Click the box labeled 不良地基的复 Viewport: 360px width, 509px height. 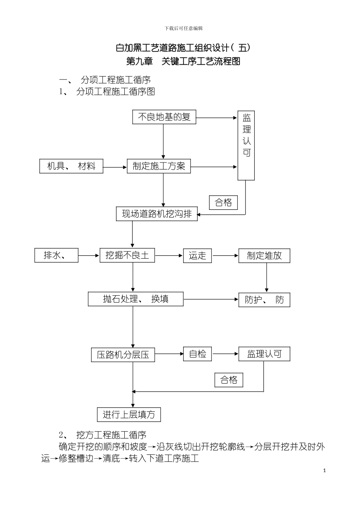pos(164,117)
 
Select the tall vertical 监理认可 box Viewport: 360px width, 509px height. pos(246,145)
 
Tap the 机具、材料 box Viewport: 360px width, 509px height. pos(71,166)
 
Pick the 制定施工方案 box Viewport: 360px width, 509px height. pos(159,166)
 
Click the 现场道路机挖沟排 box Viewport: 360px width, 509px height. pos(157,214)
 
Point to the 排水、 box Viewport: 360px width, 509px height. pos(56,256)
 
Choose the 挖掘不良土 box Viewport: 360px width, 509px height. pos(127,256)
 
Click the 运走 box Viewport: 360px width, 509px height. pos(197,256)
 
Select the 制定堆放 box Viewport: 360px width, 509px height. pos(264,256)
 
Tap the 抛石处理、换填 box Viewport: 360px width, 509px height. pos(136,299)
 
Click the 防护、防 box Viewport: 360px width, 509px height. pos(264,300)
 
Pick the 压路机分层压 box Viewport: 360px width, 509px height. pos(123,355)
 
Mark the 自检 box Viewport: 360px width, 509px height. pos(197,354)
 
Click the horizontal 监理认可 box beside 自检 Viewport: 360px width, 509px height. pos(264,354)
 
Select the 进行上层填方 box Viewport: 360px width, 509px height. pos(129,414)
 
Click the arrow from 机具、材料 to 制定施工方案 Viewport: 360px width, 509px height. pos(115,167)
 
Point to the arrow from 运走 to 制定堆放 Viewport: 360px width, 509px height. pos(225,256)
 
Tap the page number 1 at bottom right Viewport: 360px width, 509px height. pos(324,471)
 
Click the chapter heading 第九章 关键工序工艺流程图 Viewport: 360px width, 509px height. pos(183,61)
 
